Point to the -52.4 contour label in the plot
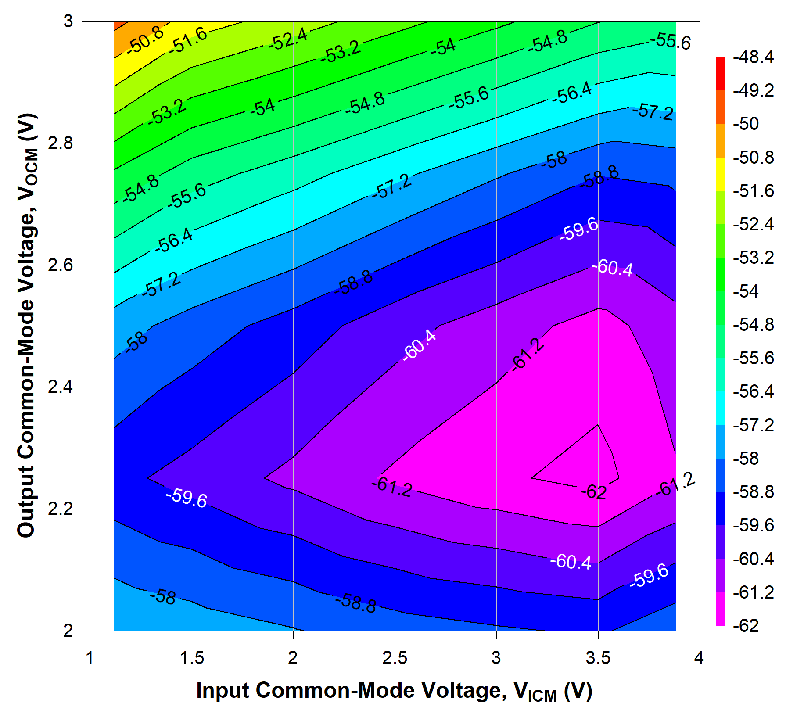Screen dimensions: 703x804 pos(288,39)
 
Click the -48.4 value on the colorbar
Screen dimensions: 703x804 pos(753,57)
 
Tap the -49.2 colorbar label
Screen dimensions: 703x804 pos(753,90)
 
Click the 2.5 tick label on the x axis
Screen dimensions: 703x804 pos(395,657)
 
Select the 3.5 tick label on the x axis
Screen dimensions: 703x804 pos(598,657)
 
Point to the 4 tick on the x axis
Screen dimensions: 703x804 pos(699,657)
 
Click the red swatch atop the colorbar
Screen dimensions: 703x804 pos(720,73)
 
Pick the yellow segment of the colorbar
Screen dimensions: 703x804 pos(720,174)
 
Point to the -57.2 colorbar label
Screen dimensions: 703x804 pos(753,425)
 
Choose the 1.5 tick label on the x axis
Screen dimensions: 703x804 pos(192,657)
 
